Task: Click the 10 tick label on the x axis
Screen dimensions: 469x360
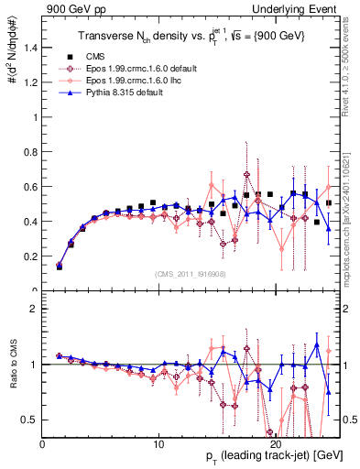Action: (x=160, y=442)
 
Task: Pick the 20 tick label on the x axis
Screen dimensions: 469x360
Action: (x=279, y=442)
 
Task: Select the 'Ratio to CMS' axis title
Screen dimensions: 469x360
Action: (x=10, y=365)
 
